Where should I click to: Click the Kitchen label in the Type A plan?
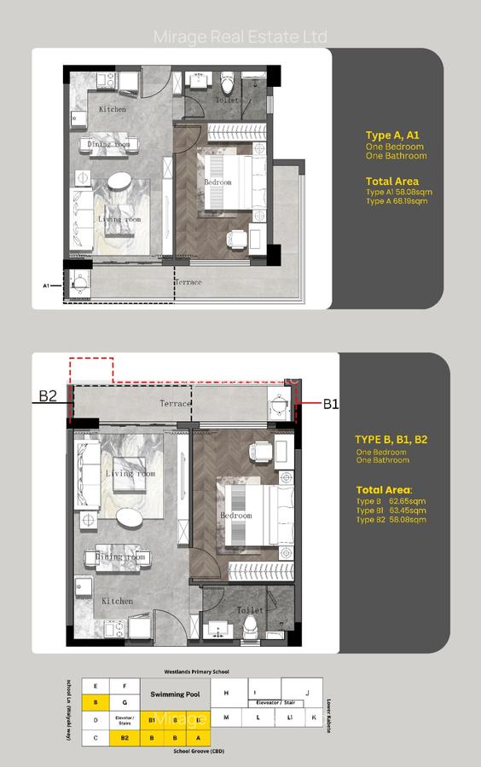coord(112,110)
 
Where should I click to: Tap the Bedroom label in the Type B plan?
coord(236,516)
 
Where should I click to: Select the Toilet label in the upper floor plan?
coord(250,101)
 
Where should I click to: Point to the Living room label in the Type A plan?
coord(123,220)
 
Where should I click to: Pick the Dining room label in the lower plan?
coord(118,557)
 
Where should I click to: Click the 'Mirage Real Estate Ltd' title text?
coord(240,37)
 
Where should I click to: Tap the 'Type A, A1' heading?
coord(392,135)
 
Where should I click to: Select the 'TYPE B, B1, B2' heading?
coord(391,439)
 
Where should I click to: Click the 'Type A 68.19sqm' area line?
coord(398,202)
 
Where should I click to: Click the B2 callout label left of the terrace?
coord(47,396)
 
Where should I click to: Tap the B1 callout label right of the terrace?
coord(331,405)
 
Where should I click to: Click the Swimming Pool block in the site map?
coord(174,695)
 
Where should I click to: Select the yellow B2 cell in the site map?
coord(125,736)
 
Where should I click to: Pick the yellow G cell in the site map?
coord(125,702)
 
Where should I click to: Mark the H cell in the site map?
coord(226,694)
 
